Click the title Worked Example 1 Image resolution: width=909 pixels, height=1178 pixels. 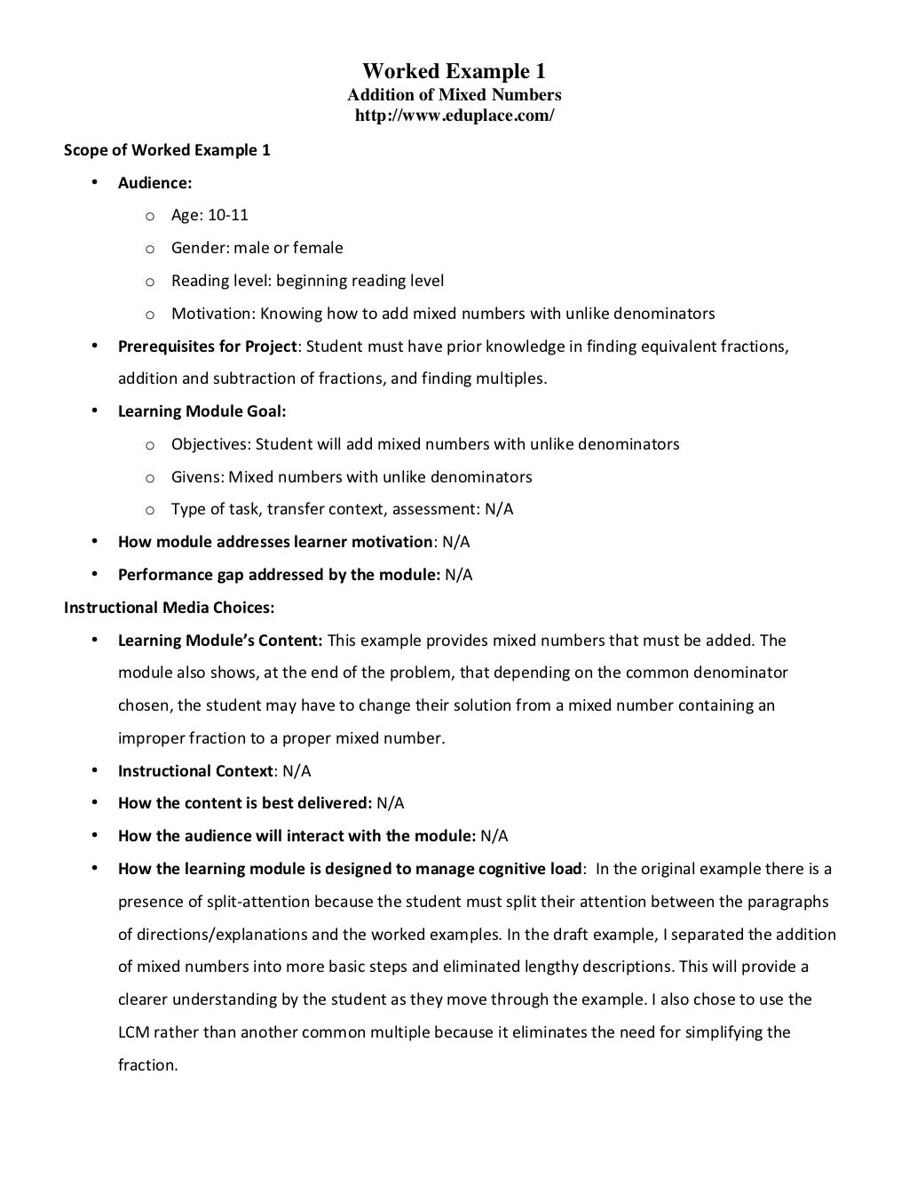click(x=454, y=71)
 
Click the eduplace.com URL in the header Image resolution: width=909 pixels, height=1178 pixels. click(x=454, y=115)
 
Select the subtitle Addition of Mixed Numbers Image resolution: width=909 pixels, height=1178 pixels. click(x=454, y=94)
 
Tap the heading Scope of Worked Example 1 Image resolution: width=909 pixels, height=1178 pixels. click(x=167, y=150)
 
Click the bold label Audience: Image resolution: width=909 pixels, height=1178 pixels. click(x=154, y=183)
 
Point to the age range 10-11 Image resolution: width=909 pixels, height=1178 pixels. click(x=228, y=215)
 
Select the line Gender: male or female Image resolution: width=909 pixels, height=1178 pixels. click(x=257, y=248)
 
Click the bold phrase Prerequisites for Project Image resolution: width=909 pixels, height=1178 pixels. click(x=207, y=346)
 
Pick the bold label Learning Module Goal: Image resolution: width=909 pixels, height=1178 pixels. click(x=202, y=411)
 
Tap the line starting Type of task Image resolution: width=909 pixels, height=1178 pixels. click(x=342, y=509)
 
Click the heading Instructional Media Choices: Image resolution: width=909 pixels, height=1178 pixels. click(x=169, y=608)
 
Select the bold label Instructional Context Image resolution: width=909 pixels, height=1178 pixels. click(x=194, y=771)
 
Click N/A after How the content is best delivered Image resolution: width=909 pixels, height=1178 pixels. click(x=390, y=803)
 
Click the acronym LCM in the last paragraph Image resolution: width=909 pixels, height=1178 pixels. click(x=132, y=1032)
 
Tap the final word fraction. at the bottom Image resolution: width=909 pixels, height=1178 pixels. click(x=148, y=1065)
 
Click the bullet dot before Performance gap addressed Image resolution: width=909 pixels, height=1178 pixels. click(x=94, y=574)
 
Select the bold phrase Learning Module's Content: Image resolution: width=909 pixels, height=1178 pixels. click(x=222, y=641)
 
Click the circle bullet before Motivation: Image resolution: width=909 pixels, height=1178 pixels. click(x=150, y=314)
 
